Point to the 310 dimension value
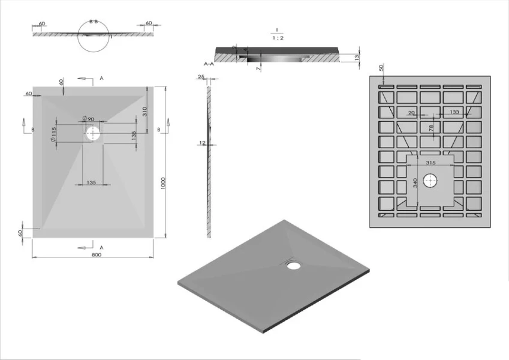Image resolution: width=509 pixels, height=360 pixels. pos(144,111)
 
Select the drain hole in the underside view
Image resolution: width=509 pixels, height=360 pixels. pos(430,180)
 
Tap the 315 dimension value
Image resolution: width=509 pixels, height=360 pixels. pos(430,163)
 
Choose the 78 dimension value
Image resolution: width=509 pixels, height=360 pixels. pos(431,127)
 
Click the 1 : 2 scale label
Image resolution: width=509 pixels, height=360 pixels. pos(277,37)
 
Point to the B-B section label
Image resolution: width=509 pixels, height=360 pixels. pos(94,22)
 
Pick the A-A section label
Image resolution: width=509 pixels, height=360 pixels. pos(209,63)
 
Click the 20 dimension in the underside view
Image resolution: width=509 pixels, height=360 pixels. pos(411,112)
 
